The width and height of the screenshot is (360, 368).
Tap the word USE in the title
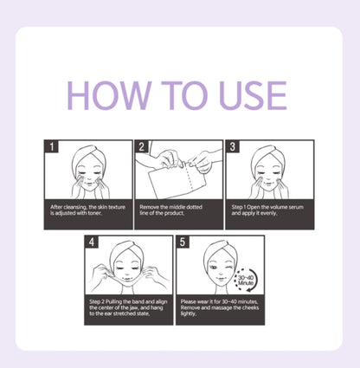[x=253, y=95]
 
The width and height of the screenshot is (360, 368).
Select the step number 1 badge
[x=52, y=146]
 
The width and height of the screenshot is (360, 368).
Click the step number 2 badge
[x=142, y=146]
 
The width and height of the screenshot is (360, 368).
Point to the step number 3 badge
[x=233, y=146]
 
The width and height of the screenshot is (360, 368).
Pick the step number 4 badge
[x=92, y=242]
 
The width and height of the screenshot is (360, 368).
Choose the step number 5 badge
[x=183, y=242]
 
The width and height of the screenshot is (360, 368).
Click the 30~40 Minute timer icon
[x=246, y=280]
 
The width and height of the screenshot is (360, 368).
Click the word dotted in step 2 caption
[x=194, y=207]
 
